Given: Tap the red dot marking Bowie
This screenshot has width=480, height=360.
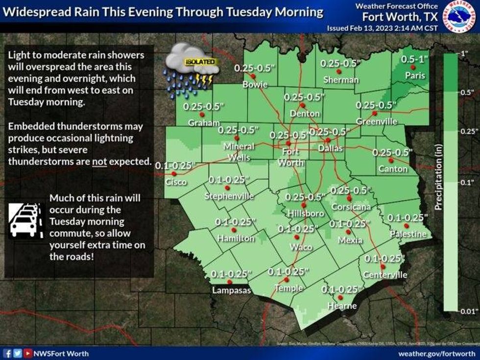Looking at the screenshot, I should coord(253,76).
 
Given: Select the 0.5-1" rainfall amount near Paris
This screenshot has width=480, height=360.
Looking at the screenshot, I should coord(414,59).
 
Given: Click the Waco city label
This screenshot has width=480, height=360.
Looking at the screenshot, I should coord(301,247).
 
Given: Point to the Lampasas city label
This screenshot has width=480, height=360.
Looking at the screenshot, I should coord(231,290).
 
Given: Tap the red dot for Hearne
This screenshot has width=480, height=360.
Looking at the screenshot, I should coord(341,297).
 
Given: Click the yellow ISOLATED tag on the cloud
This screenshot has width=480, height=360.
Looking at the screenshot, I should coord(200,62).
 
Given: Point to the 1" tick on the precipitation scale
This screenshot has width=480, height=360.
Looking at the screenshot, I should coord(462,53).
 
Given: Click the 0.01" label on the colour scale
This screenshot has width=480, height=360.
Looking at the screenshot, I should coord(467,309).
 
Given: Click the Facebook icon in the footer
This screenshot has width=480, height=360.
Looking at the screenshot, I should coord(7,353).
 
